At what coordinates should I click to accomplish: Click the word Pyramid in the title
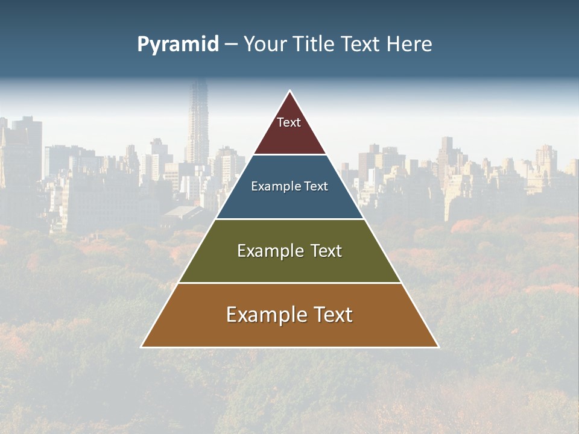(x=177, y=45)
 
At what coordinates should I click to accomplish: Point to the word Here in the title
(x=409, y=45)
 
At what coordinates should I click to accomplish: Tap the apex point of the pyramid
(x=290, y=92)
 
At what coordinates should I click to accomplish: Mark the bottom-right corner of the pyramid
(x=437, y=346)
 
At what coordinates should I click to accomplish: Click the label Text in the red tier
(x=289, y=122)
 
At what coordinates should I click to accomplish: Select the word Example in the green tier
(x=269, y=251)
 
